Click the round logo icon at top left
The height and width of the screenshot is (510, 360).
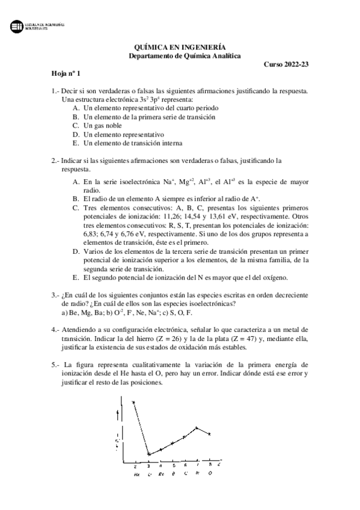(x=17, y=26)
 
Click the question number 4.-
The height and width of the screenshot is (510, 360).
(x=55, y=330)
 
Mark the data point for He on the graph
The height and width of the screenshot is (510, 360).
(x=133, y=402)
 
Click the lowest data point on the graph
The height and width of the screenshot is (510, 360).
(x=148, y=454)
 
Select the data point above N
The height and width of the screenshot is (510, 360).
(x=197, y=428)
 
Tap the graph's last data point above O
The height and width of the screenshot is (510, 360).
(x=210, y=434)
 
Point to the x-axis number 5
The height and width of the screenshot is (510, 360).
(x=173, y=465)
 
